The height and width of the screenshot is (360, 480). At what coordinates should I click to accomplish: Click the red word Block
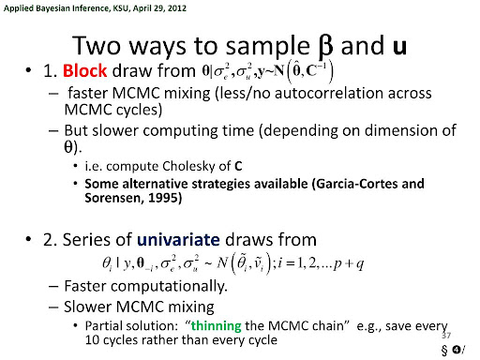click(84, 70)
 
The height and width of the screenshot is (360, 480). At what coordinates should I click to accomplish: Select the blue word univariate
click(178, 240)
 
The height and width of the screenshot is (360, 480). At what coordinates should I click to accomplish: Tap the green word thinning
click(217, 326)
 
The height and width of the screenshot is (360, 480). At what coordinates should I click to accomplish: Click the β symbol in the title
click(325, 47)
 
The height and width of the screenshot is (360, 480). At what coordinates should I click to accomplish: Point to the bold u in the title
click(399, 46)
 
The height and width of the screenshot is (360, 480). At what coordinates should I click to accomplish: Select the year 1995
click(163, 198)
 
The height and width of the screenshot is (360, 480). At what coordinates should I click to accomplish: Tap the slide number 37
click(446, 336)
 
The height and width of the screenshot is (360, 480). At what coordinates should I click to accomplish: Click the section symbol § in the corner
click(444, 350)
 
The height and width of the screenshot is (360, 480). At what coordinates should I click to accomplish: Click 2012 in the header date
click(177, 8)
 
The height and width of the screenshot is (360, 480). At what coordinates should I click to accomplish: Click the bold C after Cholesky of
click(238, 166)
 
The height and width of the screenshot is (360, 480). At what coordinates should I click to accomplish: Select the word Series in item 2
click(82, 240)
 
